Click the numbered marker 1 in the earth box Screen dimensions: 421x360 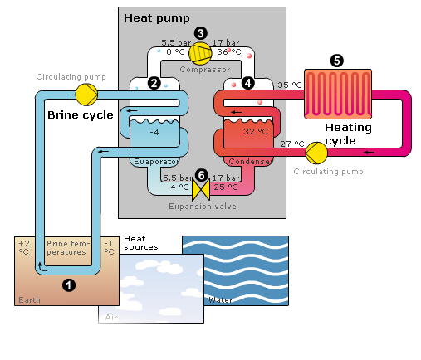(69, 285)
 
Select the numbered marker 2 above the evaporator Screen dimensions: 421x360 (154, 83)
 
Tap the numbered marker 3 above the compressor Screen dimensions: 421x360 (201, 33)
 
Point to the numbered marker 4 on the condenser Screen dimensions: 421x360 (247, 83)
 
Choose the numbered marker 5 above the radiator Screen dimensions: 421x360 (337, 61)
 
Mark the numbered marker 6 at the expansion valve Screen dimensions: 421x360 (202, 175)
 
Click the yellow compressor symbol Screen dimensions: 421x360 (200, 53)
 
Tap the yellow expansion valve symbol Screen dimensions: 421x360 (201, 190)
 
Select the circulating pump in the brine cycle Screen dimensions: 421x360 (86, 95)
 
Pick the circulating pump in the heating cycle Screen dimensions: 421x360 (316, 153)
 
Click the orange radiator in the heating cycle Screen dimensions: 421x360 (338, 94)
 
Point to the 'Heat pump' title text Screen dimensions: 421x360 (157, 18)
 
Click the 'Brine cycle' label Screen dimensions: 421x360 (81, 115)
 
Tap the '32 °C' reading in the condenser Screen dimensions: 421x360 (256, 131)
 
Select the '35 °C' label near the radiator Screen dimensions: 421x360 (290, 85)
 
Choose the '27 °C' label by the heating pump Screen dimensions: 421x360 (292, 144)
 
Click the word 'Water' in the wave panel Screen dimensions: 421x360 (220, 300)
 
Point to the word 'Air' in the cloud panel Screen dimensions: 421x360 (111, 318)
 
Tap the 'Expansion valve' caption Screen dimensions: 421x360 (203, 207)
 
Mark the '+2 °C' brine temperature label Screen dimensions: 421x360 (24, 247)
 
